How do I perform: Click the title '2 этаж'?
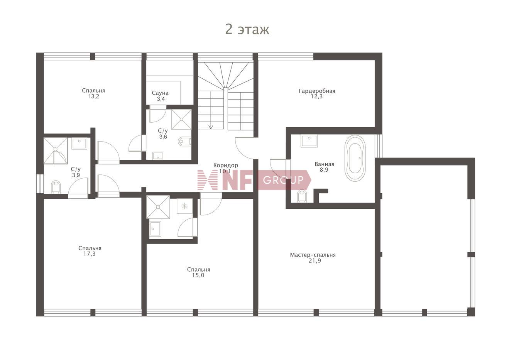[247, 30]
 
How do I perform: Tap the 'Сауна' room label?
[160, 93]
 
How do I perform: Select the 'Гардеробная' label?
[317, 91]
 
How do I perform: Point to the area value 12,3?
[316, 96]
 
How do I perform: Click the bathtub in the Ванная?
[355, 158]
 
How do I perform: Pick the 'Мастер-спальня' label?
[313, 255]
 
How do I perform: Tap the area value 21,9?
[315, 261]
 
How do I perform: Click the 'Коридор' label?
[226, 165]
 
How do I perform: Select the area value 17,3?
[90, 254]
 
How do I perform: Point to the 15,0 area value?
[198, 275]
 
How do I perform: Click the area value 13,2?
[94, 96]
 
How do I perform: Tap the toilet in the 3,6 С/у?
[184, 141]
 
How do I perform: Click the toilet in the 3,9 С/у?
[56, 187]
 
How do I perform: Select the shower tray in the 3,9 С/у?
[56, 151]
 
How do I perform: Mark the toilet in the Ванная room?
[302, 196]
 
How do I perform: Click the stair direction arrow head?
[211, 127]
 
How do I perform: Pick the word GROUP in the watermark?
[283, 180]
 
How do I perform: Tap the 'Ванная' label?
[324, 164]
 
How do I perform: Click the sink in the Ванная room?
[309, 141]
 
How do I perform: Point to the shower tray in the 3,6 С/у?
[181, 119]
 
